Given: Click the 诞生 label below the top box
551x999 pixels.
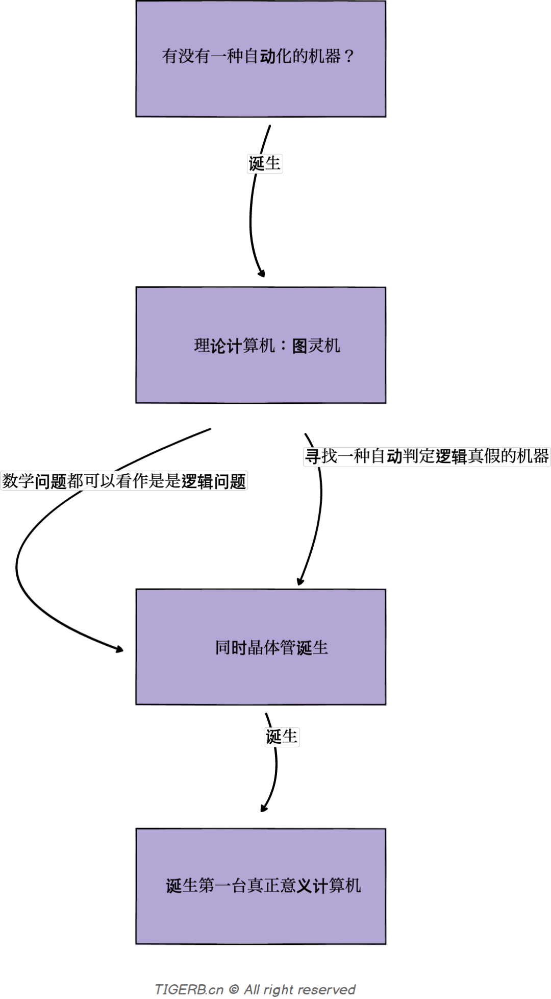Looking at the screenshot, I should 265,164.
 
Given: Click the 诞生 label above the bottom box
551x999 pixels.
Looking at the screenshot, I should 282,737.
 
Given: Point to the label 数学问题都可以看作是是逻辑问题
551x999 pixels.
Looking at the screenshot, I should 124,481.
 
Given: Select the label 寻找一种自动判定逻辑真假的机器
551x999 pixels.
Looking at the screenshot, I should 427,456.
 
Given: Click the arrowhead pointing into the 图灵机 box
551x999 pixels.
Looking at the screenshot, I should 262,274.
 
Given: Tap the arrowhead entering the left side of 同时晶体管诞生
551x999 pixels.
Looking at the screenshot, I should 119,649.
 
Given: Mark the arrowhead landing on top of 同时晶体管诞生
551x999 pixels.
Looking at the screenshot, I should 300,581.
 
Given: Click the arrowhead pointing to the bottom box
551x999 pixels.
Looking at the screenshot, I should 263,808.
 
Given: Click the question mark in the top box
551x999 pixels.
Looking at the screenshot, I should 349,56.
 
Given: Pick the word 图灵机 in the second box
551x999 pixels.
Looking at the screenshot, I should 316,346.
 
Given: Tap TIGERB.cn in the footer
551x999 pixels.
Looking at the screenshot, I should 189,989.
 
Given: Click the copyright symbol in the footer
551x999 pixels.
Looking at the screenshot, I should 234,989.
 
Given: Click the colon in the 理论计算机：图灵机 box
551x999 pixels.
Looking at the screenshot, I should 284,346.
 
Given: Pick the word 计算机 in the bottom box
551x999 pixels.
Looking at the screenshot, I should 337,885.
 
